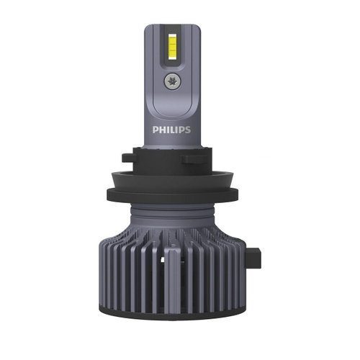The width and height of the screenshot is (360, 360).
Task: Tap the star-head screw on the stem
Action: (x=173, y=81)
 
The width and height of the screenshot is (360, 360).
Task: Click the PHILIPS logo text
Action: (x=171, y=130)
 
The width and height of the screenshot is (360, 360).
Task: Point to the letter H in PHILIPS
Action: (x=163, y=130)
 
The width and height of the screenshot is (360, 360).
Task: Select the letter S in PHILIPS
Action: (x=188, y=130)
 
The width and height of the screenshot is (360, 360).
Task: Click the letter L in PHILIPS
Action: (x=173, y=130)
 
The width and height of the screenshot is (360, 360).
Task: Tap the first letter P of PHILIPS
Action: (x=156, y=130)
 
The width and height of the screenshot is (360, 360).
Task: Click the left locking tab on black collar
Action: (x=128, y=158)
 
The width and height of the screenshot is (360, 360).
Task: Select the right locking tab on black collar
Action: (x=194, y=159)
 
